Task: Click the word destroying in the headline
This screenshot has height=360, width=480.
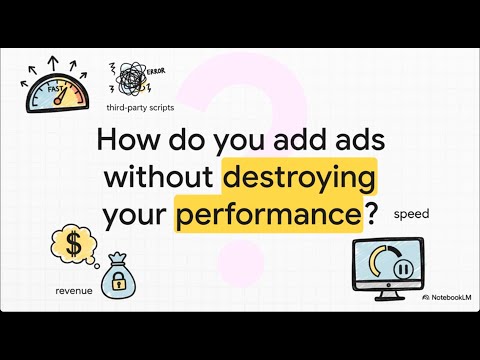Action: pos(299,178)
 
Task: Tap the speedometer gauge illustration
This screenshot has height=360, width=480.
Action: pos(56,92)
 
